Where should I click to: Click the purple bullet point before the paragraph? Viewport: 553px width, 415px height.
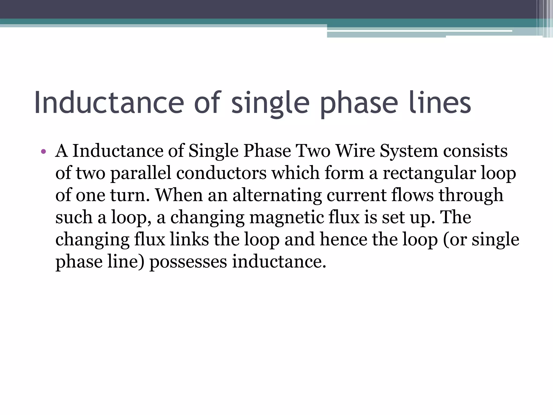point(43,152)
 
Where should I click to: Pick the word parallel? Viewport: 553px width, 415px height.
point(141,173)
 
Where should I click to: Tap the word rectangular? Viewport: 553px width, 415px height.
point(429,173)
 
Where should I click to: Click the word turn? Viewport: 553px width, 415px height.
point(130,195)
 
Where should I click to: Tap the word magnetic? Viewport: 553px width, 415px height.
point(286,218)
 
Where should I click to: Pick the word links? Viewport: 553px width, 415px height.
point(189,239)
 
